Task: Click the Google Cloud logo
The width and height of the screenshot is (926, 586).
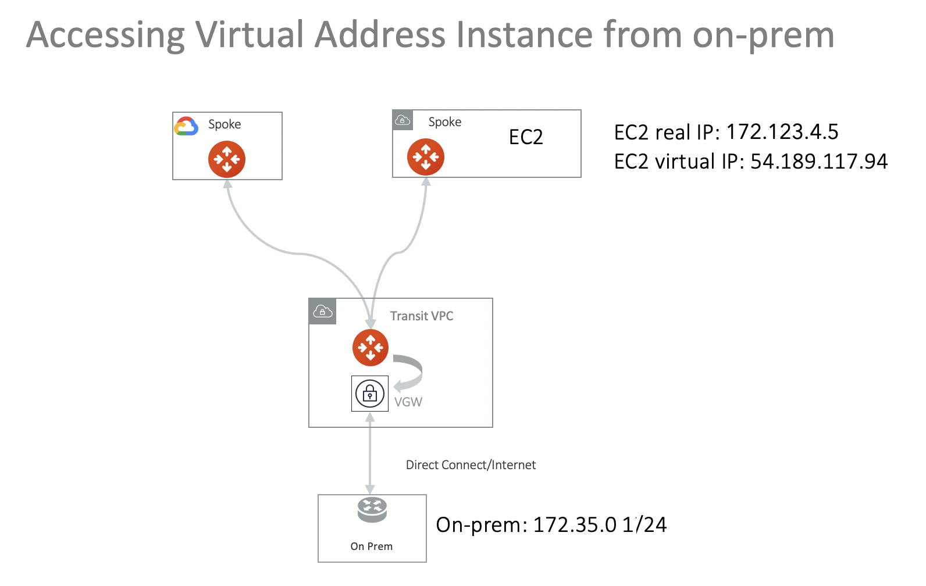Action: pyautogui.click(x=186, y=126)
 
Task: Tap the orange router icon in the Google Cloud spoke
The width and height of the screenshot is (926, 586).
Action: pyautogui.click(x=227, y=159)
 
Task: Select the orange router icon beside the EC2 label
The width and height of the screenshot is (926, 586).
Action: pyautogui.click(x=426, y=157)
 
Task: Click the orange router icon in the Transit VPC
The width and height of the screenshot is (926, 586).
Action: pyautogui.click(x=371, y=348)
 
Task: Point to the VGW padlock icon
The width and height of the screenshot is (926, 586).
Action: pyautogui.click(x=370, y=394)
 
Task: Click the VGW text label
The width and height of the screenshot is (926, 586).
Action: pyautogui.click(x=408, y=402)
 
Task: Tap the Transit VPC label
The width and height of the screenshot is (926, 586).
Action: pyautogui.click(x=422, y=316)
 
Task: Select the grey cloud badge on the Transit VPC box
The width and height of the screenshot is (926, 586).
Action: pyautogui.click(x=323, y=312)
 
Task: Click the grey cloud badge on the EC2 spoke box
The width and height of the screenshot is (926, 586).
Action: pyautogui.click(x=403, y=120)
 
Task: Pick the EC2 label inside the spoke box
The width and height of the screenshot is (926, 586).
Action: pyautogui.click(x=526, y=137)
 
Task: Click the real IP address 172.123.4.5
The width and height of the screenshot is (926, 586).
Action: pyautogui.click(x=782, y=132)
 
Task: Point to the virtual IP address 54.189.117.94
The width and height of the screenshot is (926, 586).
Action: pyautogui.click(x=819, y=161)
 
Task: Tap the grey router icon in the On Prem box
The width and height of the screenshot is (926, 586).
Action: pyautogui.click(x=372, y=510)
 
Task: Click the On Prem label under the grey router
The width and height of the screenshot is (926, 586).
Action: pyautogui.click(x=372, y=546)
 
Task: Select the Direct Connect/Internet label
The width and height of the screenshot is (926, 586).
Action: pyautogui.click(x=471, y=464)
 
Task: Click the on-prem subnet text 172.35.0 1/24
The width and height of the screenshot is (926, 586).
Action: pyautogui.click(x=600, y=524)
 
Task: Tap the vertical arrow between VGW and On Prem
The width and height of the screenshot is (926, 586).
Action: pyautogui.click(x=370, y=453)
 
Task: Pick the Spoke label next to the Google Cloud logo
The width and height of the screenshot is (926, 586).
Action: pyautogui.click(x=225, y=124)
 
